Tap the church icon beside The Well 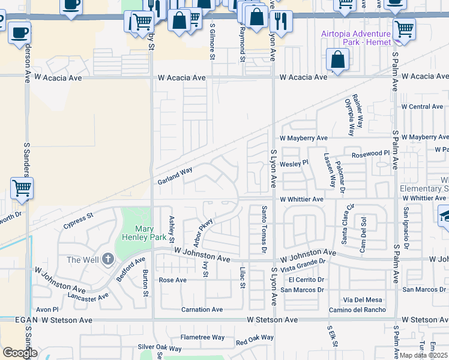coord(108,259)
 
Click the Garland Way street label coord(175,175)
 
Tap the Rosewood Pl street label coord(371,153)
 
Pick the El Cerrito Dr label coord(306,280)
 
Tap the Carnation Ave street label coord(202,310)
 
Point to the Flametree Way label coord(202,337)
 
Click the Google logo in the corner coord(20,353)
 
